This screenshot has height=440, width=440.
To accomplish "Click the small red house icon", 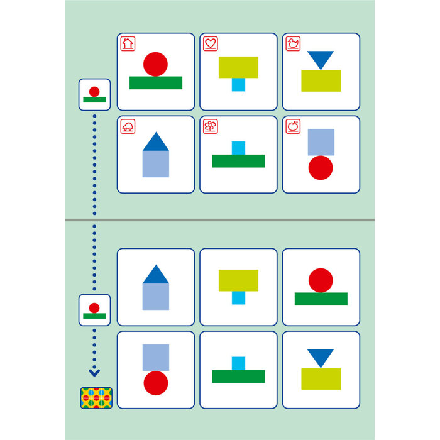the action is (128, 44).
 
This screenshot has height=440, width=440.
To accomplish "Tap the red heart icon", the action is (211, 44).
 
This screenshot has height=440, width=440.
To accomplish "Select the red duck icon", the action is (293, 44).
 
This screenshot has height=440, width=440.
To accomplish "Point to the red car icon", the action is (128, 126).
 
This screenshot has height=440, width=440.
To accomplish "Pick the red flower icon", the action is (211, 126).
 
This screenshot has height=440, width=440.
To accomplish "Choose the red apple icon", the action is (293, 126).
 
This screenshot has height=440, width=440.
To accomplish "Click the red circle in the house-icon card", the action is (155, 64).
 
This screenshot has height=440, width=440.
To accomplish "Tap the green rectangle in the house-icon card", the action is (156, 83).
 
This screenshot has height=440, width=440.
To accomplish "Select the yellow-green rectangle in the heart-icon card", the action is (238, 67).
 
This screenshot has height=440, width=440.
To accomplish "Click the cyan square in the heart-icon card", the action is (238, 85).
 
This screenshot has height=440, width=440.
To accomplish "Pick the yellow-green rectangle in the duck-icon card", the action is (321, 81).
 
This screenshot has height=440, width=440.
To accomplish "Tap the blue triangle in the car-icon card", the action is (156, 142).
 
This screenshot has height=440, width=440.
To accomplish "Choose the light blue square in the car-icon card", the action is (156, 164).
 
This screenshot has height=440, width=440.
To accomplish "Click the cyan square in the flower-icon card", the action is (238, 148).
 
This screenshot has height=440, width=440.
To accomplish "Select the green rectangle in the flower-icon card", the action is (238, 161).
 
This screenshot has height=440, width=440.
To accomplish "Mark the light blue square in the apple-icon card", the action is (321, 142).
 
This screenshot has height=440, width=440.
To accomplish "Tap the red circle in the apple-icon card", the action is (321, 168).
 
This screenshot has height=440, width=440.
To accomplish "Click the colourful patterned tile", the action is (96, 397).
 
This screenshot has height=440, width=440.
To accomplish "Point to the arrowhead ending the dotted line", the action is (94, 373).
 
